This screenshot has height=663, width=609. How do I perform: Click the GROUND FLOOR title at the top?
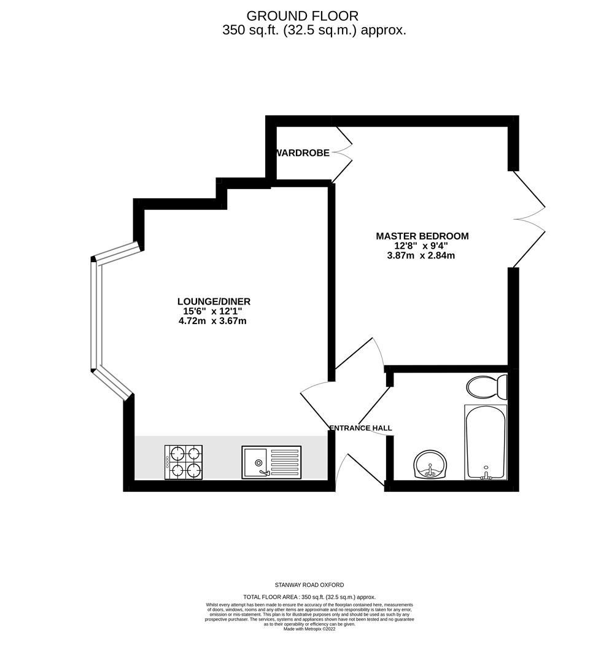click(302, 16)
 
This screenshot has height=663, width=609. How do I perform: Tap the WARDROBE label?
click(303, 153)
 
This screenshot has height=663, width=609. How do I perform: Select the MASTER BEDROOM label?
click(422, 236)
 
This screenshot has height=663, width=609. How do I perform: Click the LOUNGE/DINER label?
click(214, 301)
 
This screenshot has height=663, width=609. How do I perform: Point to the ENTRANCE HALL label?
click(360, 428)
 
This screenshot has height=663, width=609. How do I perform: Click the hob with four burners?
click(184, 462)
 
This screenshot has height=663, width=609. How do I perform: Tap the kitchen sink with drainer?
click(271, 462)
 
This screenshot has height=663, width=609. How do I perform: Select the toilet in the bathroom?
click(487, 387)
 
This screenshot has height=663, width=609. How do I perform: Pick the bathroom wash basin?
click(431, 465)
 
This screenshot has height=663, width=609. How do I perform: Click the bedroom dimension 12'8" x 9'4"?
click(421, 246)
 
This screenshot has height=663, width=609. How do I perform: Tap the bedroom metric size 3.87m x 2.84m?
click(421, 256)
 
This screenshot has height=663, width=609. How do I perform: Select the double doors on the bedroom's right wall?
click(529, 219)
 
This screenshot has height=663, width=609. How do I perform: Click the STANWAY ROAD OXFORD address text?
click(309, 585)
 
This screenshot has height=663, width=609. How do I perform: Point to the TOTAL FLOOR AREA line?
click(309, 597)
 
